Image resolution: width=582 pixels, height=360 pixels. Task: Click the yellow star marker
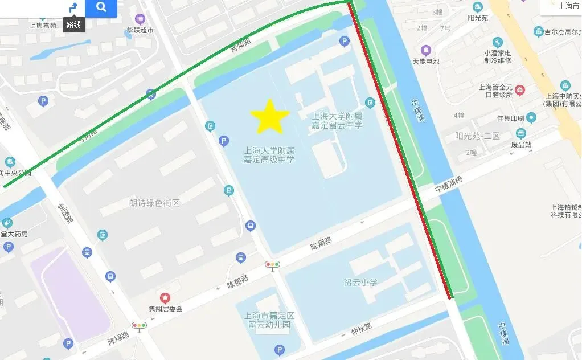point(270,116)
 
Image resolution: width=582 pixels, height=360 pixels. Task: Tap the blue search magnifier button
point(101,7)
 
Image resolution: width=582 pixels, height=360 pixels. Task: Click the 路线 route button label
point(73,24)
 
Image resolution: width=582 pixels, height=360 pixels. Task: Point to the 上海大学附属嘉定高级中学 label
point(269,155)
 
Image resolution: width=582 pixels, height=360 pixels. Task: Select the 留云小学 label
point(360,282)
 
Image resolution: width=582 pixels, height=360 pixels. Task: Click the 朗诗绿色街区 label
point(154,203)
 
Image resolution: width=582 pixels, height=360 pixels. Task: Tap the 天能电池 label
point(425,61)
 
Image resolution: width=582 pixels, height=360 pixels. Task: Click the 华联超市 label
point(140,30)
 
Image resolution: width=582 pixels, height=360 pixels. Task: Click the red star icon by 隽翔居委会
point(165,297)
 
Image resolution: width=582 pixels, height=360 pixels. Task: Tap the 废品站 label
point(520,145)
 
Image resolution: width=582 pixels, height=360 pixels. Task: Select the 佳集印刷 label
point(510,118)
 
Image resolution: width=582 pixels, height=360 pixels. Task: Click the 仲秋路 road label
point(361,327)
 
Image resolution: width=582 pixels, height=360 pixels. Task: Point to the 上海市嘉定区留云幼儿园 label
point(269,320)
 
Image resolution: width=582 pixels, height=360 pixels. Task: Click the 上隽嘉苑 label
point(43,25)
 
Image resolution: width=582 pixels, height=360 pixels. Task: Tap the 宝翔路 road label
point(65,214)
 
